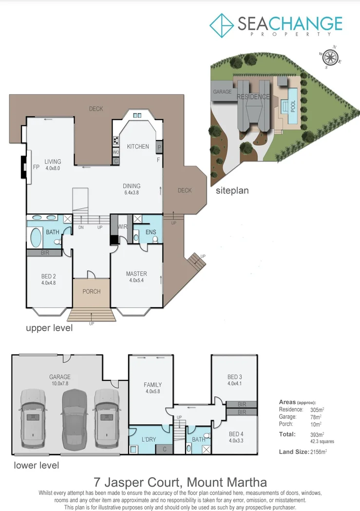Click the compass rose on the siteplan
pyautogui.click(x=330, y=57)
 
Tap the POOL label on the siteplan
pyautogui.click(x=293, y=106)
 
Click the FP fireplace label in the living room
pyautogui.click(x=36, y=166)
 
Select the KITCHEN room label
pyautogui.click(x=138, y=146)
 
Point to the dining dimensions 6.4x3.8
pyautogui.click(x=132, y=193)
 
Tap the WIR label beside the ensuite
pyautogui.click(x=122, y=227)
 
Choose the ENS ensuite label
pyautogui.click(x=151, y=232)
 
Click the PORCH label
pyautogui.click(x=91, y=292)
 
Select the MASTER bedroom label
pyautogui.click(x=136, y=274)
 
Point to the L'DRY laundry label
pyautogui.click(x=148, y=439)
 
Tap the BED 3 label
pyautogui.click(x=234, y=377)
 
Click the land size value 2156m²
pyautogui.click(x=318, y=452)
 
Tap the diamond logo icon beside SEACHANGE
pyautogui.click(x=222, y=24)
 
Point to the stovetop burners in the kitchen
pyautogui.click(x=116, y=140)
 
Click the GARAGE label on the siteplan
pyautogui.click(x=222, y=92)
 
